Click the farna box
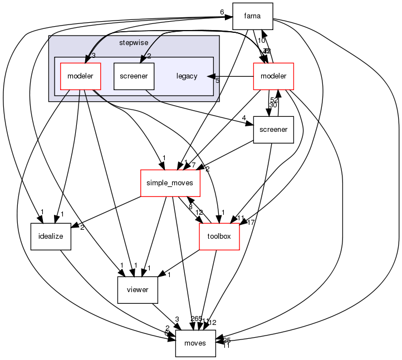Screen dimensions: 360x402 (x=252, y=16)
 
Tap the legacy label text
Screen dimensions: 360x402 (x=187, y=76)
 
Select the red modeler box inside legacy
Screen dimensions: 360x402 (x=80, y=76)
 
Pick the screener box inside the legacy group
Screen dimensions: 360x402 (x=134, y=76)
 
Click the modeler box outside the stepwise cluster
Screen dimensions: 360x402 (x=273, y=76)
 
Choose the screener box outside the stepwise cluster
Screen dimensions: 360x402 (x=273, y=130)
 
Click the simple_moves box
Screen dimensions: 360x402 (x=169, y=183)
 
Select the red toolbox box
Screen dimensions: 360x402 (x=219, y=236)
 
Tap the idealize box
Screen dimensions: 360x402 (x=51, y=236)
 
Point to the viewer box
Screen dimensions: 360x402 (x=138, y=289)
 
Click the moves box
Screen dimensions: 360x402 (x=195, y=343)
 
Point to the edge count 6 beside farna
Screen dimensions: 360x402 (x=222, y=12)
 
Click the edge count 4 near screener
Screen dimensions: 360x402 (x=244, y=117)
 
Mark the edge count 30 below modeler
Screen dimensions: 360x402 (x=273, y=105)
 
